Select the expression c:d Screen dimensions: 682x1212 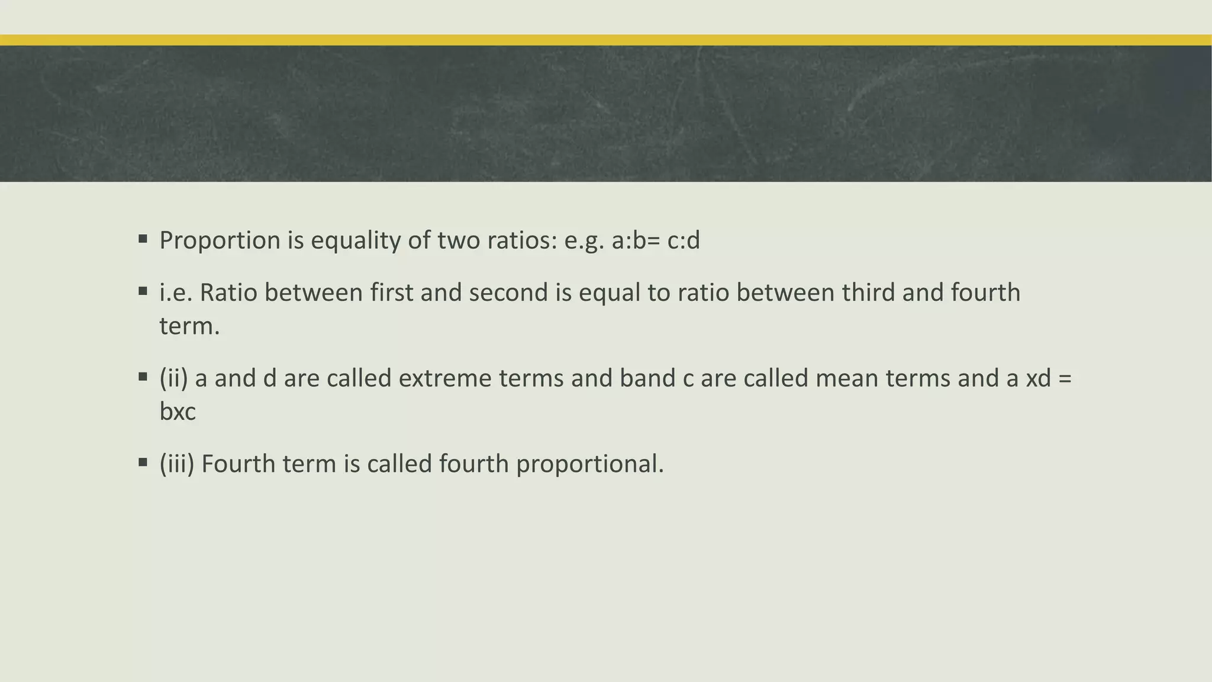click(684, 241)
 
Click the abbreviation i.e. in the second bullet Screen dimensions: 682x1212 click(176, 293)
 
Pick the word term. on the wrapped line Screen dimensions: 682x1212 click(189, 326)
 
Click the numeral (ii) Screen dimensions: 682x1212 click(173, 378)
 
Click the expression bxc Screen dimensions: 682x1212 click(178, 411)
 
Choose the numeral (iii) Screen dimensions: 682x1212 click(176, 464)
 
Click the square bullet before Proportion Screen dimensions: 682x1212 click(143, 239)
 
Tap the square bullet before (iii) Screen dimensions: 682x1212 click(143, 462)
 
